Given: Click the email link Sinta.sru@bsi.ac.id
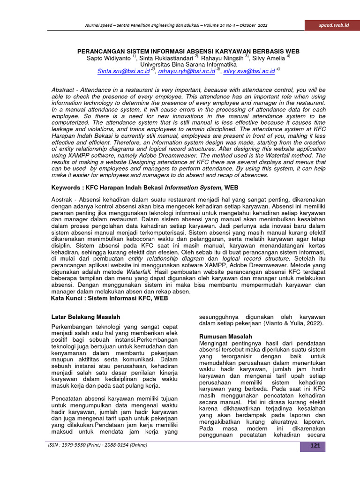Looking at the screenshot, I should pos(123,71).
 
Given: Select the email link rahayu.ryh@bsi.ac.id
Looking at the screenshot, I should pos(186,71).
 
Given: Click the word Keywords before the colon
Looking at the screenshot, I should pos(68,187).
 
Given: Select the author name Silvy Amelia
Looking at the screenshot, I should pos(269,58).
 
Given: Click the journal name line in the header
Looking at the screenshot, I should pos(176,25).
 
